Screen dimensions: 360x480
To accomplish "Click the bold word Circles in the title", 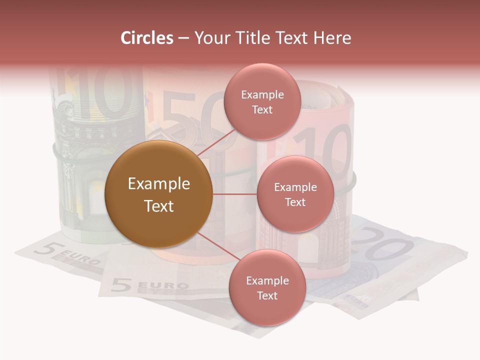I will click(146, 38).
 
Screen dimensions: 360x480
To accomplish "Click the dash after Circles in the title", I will click(183, 38).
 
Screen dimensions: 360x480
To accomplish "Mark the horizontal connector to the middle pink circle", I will click(234, 194).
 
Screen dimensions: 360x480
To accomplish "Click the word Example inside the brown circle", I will click(158, 184).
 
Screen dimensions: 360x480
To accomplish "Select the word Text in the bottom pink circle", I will click(267, 295).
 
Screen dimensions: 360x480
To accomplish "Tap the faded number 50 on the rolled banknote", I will click(192, 117).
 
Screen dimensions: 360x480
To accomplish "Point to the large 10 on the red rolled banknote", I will click(325, 150).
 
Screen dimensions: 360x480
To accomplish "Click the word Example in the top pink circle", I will click(262, 95).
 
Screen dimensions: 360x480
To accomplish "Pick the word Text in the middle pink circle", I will click(295, 202).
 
